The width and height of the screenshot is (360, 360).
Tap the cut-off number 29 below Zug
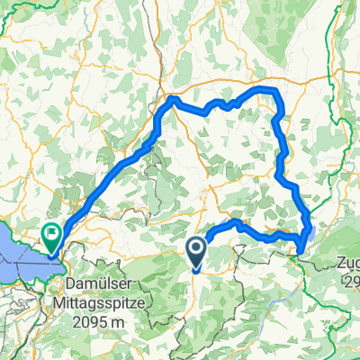click(351, 283)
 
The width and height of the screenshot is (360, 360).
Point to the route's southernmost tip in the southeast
click(299, 252)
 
